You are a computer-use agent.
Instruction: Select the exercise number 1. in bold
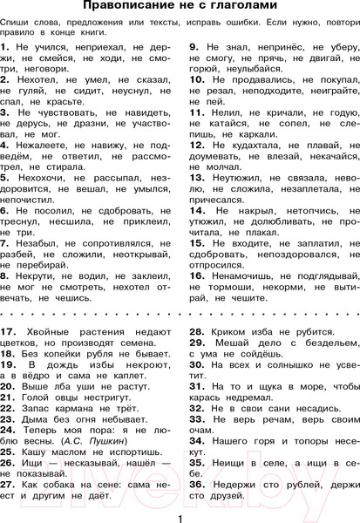pyautogui.click(x=6, y=43)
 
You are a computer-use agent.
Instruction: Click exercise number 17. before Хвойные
pyautogui.click(x=9, y=332)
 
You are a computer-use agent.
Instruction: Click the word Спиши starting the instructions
pyautogui.click(x=17, y=19)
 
